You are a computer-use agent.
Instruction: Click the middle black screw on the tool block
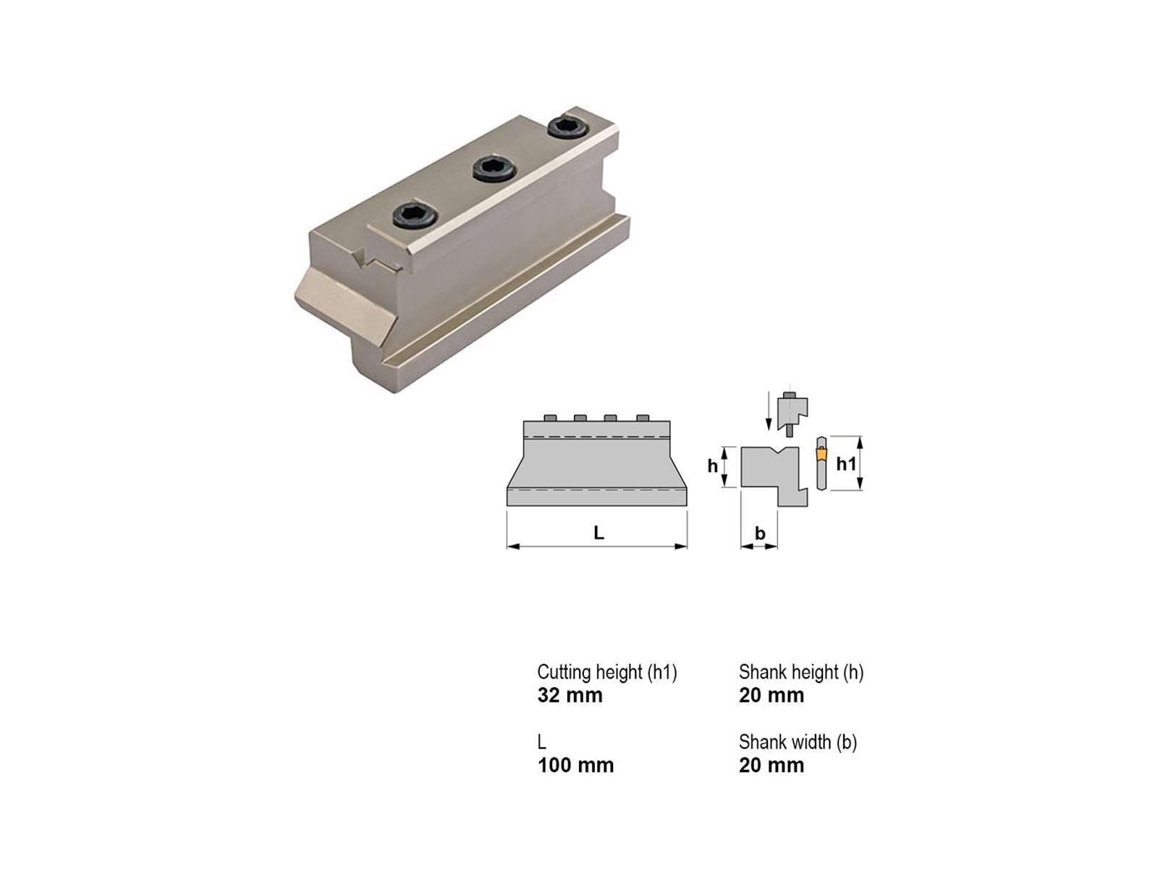point(494,169)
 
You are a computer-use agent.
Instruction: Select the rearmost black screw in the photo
point(568,127)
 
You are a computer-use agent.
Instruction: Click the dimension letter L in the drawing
point(599,533)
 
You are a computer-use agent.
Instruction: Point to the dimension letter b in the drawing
point(760,533)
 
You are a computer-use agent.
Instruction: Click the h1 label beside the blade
point(846,463)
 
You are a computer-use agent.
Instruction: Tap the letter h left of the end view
point(713,466)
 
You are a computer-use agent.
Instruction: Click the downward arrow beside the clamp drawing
point(769,411)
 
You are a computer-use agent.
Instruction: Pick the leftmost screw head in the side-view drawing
point(550,418)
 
